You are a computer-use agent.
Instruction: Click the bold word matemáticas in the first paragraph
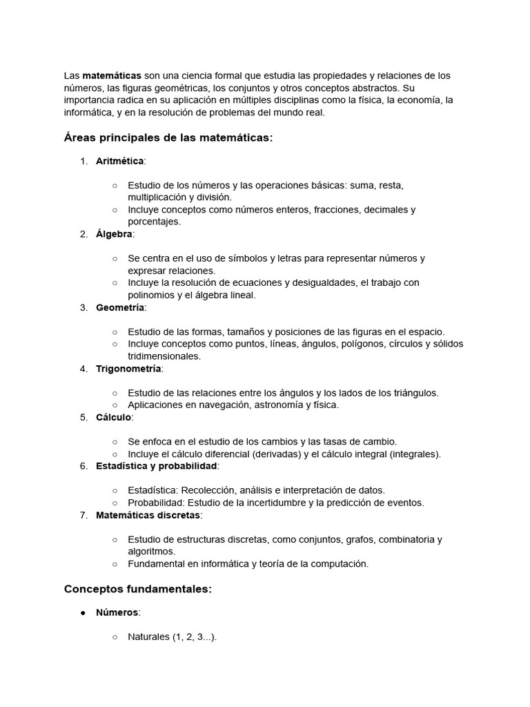(112, 75)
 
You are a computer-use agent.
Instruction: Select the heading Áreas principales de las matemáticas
(168, 137)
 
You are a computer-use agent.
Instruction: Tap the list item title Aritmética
(120, 161)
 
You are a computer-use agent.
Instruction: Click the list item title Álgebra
(114, 234)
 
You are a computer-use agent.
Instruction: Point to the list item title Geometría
(120, 307)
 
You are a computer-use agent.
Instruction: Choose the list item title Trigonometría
(129, 369)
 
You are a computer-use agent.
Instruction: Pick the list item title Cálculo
(114, 417)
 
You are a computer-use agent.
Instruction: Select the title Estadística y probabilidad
(157, 466)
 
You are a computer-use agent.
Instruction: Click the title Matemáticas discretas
(148, 515)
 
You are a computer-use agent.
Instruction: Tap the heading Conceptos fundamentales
(137, 589)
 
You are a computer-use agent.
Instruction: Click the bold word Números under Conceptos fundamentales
(117, 612)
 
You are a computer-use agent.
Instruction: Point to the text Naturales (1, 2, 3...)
(172, 637)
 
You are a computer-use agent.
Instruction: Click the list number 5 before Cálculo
(84, 417)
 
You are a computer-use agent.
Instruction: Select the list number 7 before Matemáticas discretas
(84, 515)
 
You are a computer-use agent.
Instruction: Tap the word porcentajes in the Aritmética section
(154, 222)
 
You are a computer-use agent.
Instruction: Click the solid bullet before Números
(83, 612)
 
